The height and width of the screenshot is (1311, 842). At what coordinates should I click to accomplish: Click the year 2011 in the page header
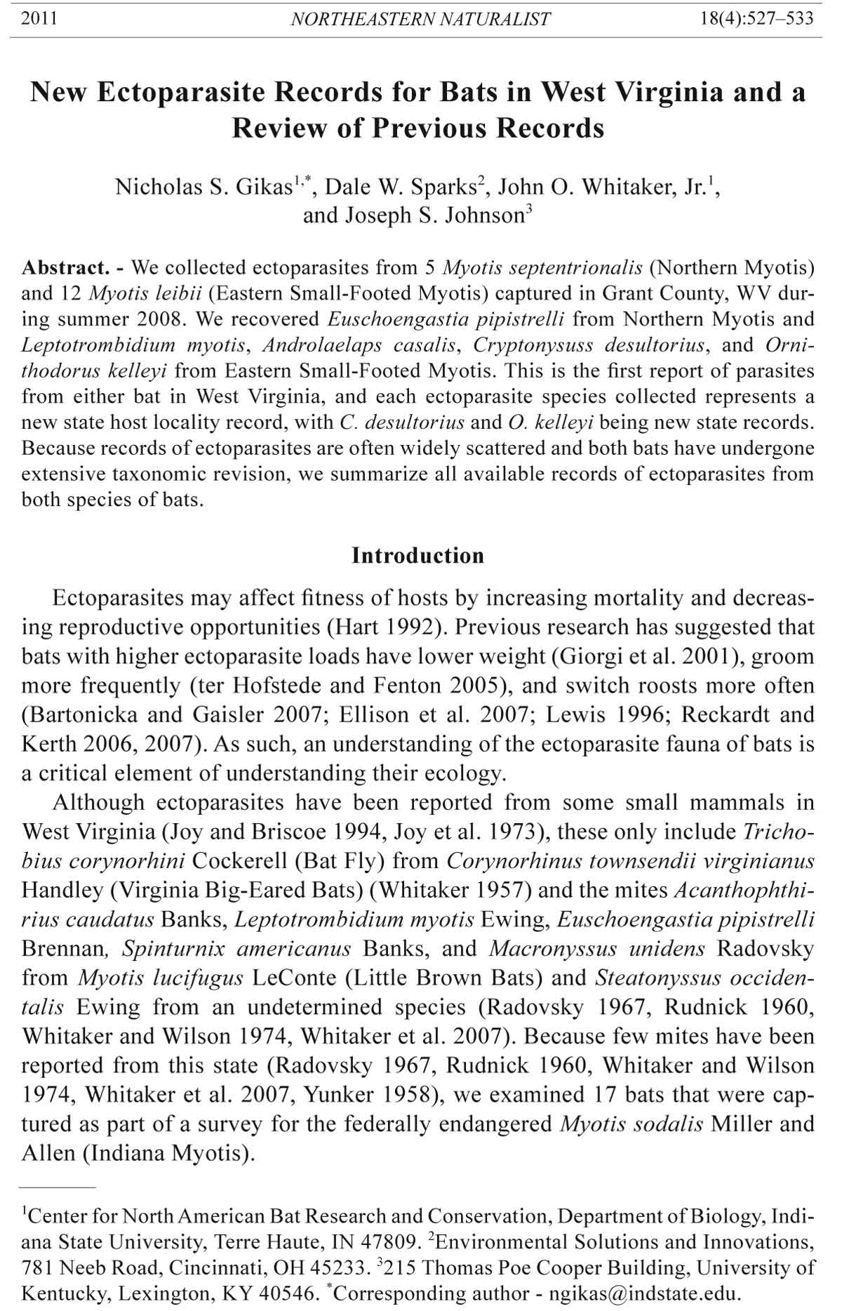tap(39, 19)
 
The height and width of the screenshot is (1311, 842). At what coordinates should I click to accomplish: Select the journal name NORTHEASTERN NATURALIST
tap(420, 19)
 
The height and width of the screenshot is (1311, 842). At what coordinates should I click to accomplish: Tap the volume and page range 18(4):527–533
tap(757, 19)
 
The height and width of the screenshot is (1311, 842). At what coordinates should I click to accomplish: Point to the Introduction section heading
tap(417, 556)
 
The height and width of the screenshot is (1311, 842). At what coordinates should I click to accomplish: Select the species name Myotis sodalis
tap(631, 1124)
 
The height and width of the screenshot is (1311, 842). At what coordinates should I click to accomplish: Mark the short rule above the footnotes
tap(58, 1187)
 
